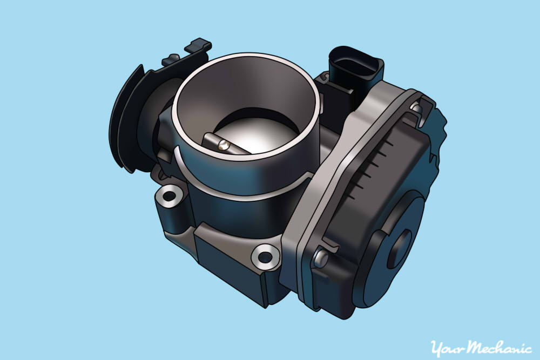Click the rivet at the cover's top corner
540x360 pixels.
point(416,108)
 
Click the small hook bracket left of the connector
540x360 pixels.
point(323,81)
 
